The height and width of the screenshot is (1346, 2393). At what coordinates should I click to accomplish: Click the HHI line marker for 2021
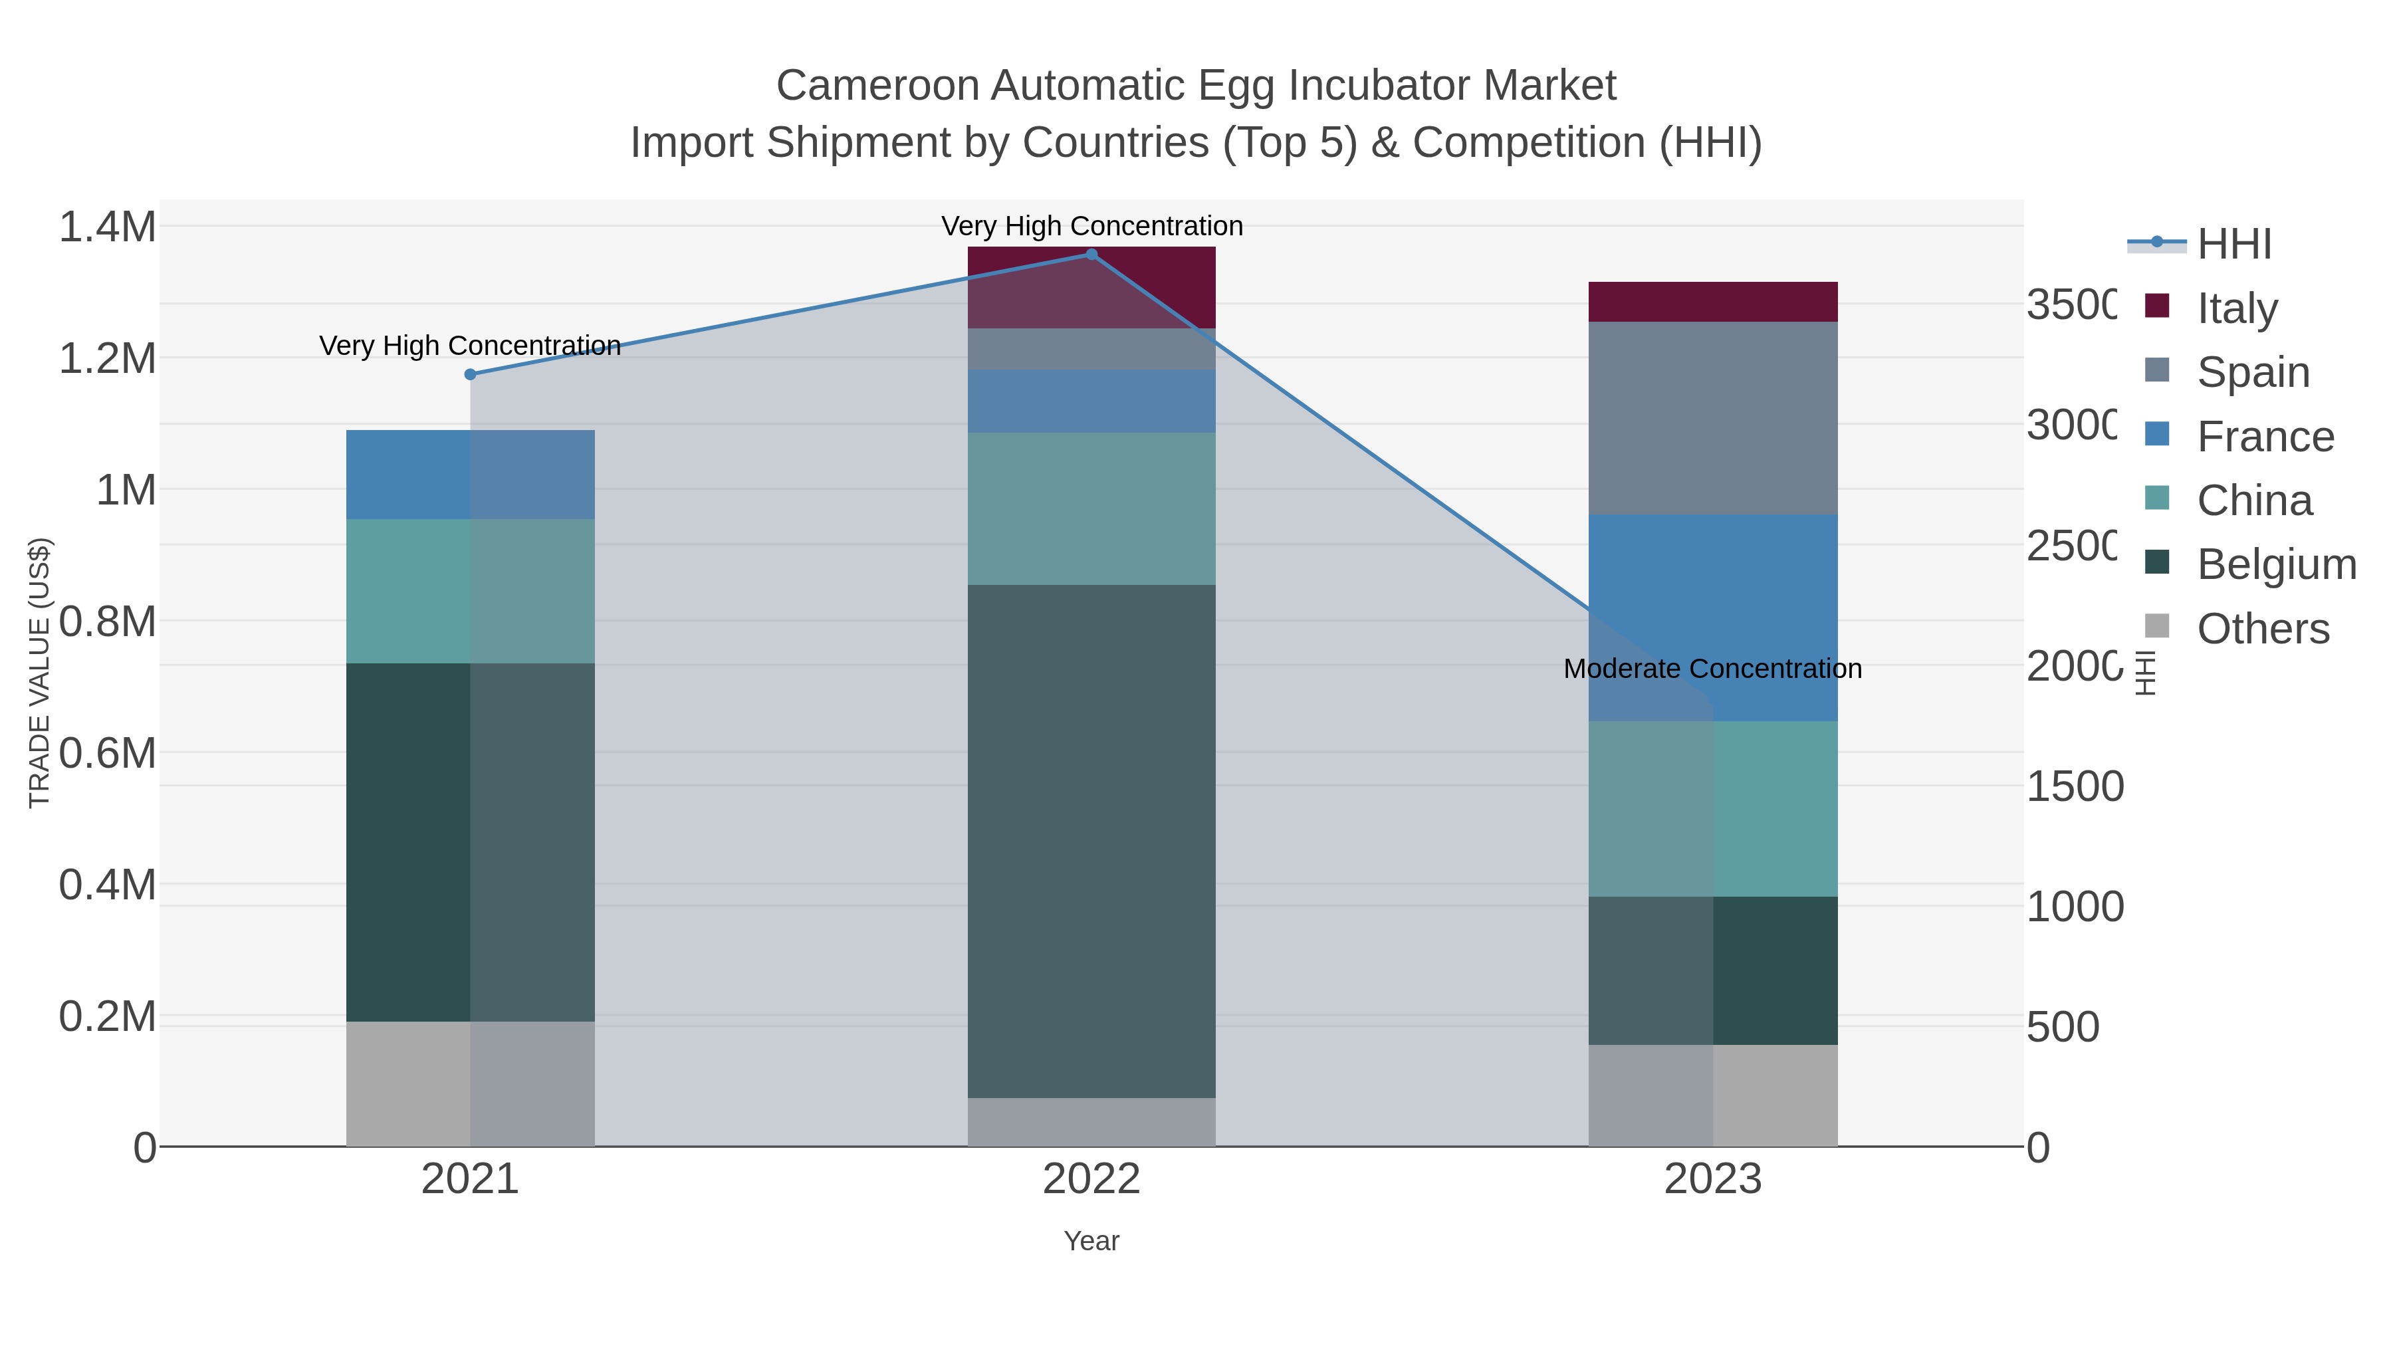point(470,374)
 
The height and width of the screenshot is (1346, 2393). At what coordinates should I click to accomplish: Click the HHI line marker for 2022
point(1091,255)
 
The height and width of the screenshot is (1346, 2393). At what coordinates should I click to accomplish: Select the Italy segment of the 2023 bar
point(1712,302)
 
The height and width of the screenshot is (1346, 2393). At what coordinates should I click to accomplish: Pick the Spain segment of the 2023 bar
point(1712,418)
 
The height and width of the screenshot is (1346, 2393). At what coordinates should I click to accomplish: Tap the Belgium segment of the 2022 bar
point(1091,841)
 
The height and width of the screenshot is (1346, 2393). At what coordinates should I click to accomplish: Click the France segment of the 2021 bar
point(470,474)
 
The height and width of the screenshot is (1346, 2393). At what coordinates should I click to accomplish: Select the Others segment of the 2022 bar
point(1091,1122)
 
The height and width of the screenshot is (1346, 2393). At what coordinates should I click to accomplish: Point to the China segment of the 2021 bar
point(470,591)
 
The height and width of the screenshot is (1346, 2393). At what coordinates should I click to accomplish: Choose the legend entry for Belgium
point(2275,565)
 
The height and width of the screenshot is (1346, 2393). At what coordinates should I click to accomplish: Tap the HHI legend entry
point(2233,245)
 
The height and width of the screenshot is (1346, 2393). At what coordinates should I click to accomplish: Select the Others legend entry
point(2262,629)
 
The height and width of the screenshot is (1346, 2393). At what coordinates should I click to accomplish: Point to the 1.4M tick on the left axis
point(108,227)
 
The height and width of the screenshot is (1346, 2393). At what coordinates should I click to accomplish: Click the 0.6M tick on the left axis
point(108,753)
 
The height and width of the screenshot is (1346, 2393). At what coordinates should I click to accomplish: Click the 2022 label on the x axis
point(1091,1180)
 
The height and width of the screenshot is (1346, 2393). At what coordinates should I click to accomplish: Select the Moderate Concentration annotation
point(1712,669)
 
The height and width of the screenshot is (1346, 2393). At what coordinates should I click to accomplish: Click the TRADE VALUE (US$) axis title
point(40,673)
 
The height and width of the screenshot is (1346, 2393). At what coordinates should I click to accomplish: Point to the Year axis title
point(1091,1241)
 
